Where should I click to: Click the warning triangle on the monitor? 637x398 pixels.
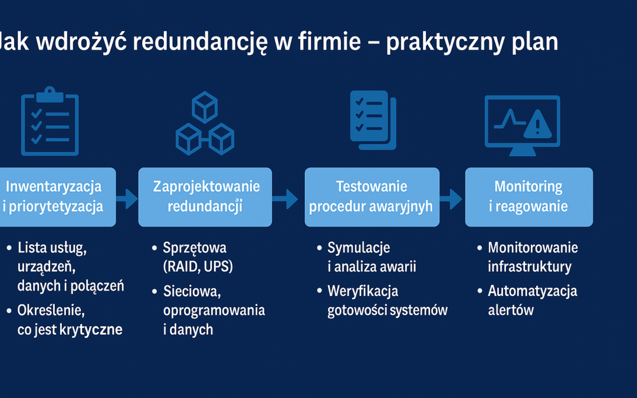537,124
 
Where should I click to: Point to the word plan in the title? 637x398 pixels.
534,44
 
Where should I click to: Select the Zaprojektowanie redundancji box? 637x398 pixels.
205,197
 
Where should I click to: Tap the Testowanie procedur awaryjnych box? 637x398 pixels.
372,197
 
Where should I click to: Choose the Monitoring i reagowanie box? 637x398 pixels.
528,197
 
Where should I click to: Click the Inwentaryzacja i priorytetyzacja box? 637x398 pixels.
56,197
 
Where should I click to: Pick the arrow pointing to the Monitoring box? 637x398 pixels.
452,199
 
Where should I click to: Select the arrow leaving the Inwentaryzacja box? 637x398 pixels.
127,199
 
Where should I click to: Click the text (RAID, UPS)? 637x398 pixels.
198,267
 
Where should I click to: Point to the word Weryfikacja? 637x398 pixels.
363,291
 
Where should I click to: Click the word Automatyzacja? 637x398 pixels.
533,291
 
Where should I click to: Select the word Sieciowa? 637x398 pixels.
192,291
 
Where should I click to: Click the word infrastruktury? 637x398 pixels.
530,267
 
